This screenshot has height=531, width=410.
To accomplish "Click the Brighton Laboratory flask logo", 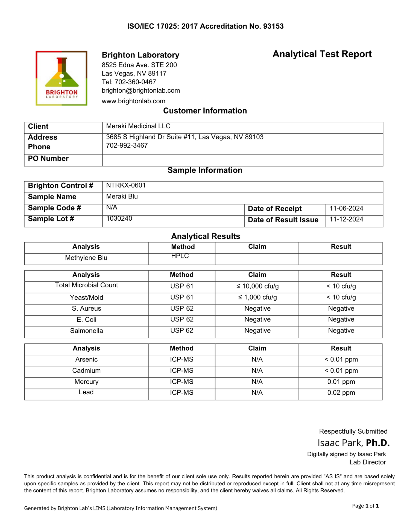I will coord(61,78).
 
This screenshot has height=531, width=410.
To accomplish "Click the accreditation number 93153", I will coord(273,26).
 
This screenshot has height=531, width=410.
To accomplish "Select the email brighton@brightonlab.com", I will coord(141,91).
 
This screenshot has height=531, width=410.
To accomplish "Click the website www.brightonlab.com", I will coord(133,101).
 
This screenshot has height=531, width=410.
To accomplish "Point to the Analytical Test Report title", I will coord(322,54).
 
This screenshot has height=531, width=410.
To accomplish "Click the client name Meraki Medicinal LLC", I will coord(138,126).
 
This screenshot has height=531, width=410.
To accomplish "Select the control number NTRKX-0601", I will coord(126,185).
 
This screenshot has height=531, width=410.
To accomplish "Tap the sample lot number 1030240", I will coord(119,218).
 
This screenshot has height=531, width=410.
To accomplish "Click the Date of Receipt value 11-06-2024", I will coord(346,208).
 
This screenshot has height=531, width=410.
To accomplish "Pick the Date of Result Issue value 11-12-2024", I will coord(346,219).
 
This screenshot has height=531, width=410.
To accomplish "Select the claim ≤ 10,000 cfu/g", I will coord(257,286).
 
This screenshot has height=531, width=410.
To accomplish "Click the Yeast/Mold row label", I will coord(86,297).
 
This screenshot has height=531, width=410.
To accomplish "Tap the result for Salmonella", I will coord(341,331).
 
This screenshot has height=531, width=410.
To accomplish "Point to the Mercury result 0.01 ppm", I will coord(341,382).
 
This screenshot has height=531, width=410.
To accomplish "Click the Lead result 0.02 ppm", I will coord(341,393).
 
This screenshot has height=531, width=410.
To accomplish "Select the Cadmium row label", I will coord(86,370).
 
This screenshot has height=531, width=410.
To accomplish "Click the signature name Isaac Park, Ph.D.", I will coord(353,443).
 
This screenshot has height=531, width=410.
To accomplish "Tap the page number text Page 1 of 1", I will coord(365,506).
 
